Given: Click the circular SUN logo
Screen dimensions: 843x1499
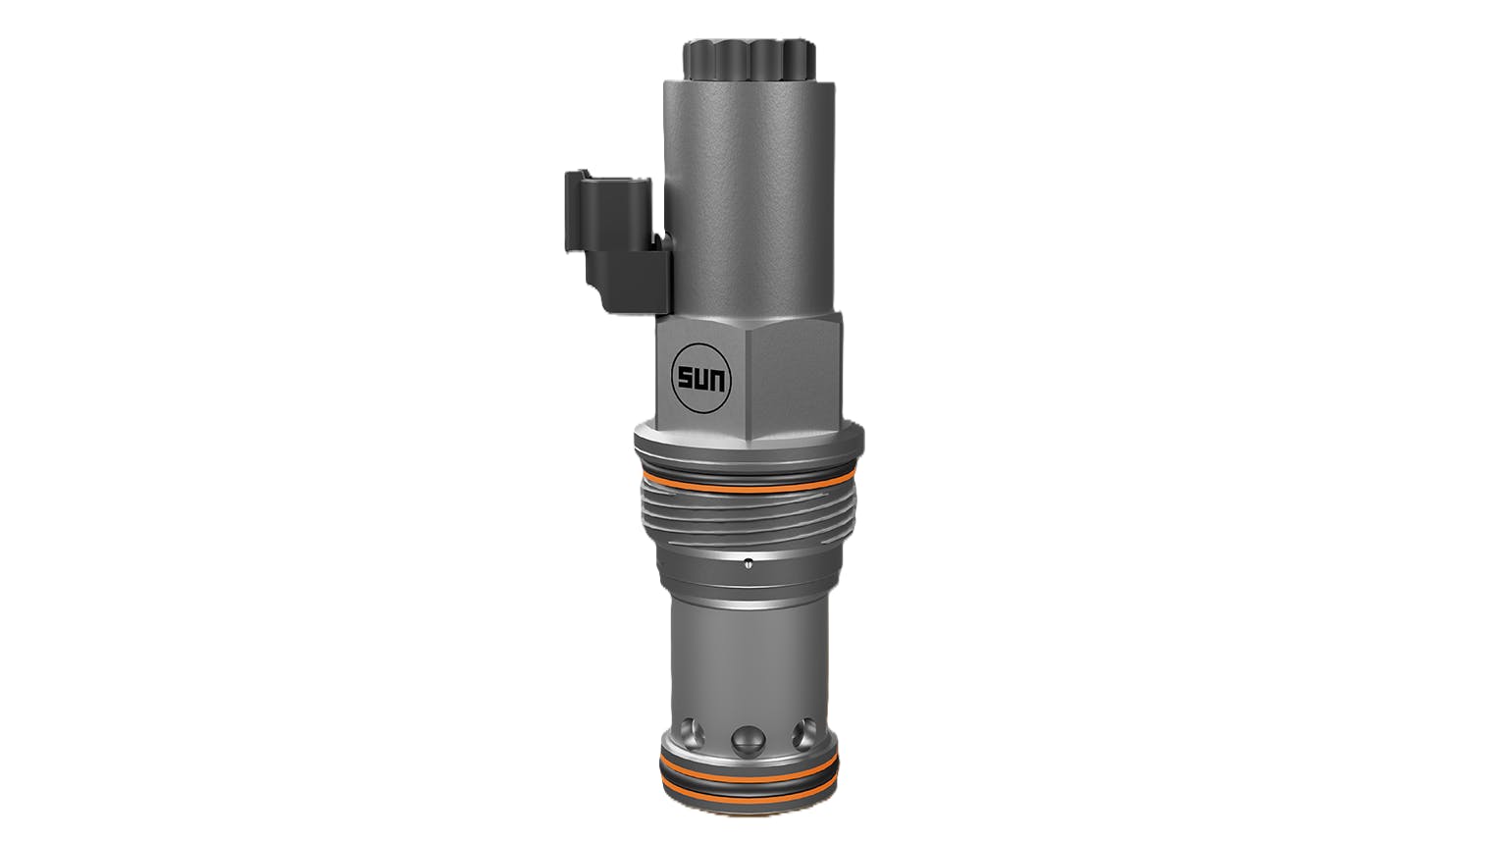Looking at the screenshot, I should [x=698, y=376].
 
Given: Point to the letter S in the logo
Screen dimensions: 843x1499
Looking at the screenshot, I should [x=683, y=377].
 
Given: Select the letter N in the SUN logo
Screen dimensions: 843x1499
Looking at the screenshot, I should [x=714, y=377].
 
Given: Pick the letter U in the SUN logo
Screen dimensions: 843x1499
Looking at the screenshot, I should [x=698, y=377].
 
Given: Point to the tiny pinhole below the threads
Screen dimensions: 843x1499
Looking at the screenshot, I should [x=749, y=562].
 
